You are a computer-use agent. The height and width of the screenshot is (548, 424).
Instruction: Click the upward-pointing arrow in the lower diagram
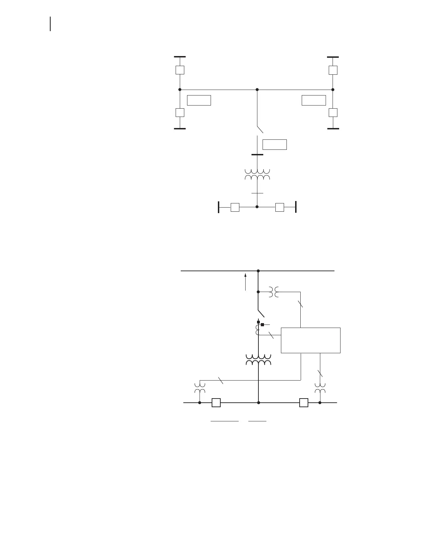246,282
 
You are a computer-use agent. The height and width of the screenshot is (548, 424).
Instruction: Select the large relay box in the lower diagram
310,340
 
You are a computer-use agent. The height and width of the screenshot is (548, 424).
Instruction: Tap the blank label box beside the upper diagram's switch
274,144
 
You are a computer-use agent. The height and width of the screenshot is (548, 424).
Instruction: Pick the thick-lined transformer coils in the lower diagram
258,360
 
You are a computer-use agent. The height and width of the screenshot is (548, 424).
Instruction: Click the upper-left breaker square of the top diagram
180,70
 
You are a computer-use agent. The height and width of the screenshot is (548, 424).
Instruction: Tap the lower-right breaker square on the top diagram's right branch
333,112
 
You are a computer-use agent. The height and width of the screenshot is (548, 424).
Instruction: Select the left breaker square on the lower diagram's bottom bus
216,403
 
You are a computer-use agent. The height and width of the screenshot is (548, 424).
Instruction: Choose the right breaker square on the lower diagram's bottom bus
304,403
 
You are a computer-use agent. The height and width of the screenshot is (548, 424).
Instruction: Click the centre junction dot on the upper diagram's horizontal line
257,90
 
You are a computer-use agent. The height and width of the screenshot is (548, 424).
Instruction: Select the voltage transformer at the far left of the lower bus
200,388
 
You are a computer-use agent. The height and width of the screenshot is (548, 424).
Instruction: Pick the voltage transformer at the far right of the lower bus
320,388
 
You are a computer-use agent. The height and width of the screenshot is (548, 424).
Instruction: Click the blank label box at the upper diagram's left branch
199,100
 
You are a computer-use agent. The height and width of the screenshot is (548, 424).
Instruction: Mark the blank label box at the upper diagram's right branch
313,100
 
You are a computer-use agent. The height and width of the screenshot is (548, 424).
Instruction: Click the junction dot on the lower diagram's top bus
258,271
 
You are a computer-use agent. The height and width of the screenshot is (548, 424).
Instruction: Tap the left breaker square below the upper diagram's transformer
235,207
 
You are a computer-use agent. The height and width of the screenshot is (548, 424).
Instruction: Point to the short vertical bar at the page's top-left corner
51,24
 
